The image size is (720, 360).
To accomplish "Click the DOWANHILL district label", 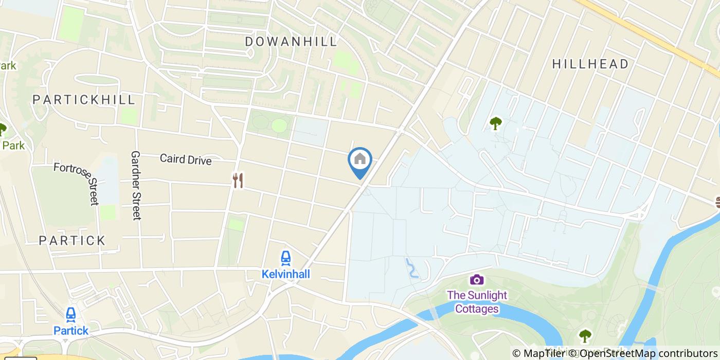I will pos(291,41).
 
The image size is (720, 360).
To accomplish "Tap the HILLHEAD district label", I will pos(590,64).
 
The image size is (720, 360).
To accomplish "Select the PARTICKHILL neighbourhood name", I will pos(84,99).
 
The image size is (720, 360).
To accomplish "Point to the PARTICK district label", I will pos(72,240).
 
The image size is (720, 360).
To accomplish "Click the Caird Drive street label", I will pos(186,159).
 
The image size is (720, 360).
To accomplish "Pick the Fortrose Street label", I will pos(76,183).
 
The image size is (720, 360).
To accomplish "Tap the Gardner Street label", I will pos(136,185).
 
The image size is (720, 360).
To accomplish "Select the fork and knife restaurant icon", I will pos(238,181).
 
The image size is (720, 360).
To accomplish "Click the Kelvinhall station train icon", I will pos(285,258).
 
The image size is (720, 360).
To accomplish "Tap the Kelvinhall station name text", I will pos(286,274).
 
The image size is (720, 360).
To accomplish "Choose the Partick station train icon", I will pos(71,315).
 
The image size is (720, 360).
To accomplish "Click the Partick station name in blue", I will pos(71,331).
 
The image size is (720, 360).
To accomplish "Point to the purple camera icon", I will pos(477,280).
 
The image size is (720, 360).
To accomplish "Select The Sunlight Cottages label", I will pos(477,302).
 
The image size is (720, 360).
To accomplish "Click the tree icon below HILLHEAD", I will pos(495,123).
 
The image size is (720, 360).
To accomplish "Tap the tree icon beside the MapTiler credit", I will pos(585,336).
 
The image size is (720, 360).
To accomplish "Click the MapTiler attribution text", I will pos(538,353).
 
